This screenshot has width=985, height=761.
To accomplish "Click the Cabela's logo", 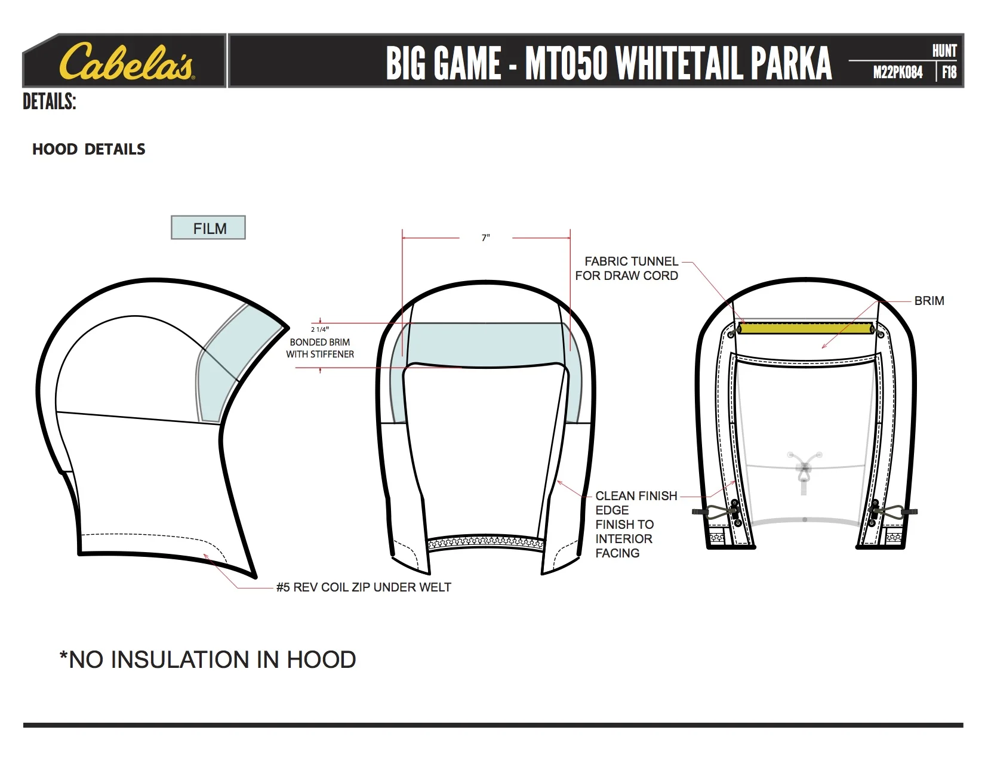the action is pos(126,61).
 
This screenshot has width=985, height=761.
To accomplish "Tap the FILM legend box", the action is pos(208,228).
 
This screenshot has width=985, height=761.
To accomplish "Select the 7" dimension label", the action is pos(486,238).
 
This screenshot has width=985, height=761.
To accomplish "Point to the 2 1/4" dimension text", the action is pos(320,329).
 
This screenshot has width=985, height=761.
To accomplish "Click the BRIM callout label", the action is pos(929,301).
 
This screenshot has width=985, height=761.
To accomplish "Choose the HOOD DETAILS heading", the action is pos(89,149).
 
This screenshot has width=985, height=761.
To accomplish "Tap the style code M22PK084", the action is pos(897,73).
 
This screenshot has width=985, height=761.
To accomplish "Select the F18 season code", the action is pos(949,73).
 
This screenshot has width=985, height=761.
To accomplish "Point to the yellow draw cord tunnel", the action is pos(805,328).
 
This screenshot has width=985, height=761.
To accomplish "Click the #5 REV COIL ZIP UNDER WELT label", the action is pos(364,587).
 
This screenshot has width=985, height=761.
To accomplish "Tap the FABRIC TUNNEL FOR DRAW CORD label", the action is pos(627,269).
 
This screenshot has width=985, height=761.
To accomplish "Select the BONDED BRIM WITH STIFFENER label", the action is pos(320,348).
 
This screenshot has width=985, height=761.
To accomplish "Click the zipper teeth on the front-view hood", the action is pos(486,543).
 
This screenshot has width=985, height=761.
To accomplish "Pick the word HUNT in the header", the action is pos(944,51).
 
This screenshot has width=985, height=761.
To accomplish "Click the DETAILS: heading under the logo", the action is pos(50,102).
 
